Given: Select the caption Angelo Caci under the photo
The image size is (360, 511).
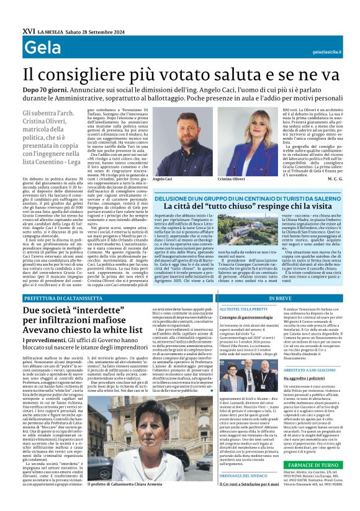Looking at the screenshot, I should coord(162,179).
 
